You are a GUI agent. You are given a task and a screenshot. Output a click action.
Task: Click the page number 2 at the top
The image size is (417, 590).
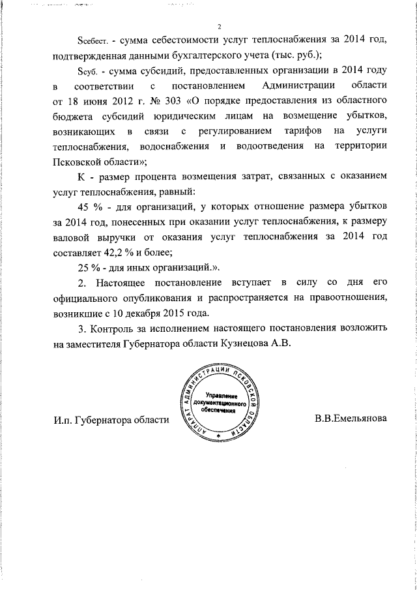coord(220,27)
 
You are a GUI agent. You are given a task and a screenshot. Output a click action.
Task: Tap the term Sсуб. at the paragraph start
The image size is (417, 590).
coord(87,71)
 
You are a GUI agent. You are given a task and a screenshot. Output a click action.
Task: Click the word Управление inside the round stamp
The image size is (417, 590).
coord(221,396)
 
